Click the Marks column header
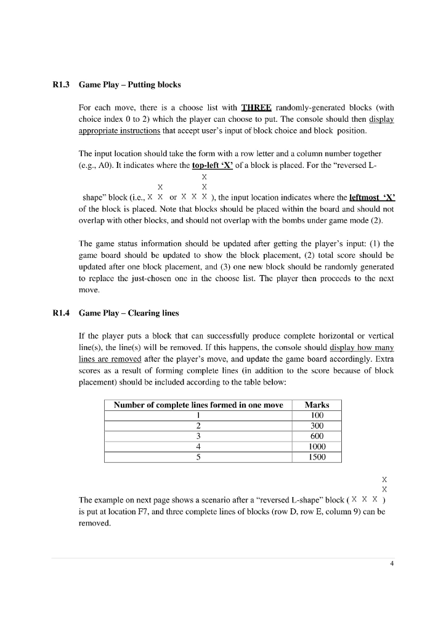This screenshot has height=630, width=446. pos(316,405)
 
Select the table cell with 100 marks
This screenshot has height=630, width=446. pos(316,415)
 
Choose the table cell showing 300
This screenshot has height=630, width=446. pos(316,426)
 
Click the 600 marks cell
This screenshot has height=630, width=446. pos(316,436)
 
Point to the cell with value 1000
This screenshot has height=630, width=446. pos(316,447)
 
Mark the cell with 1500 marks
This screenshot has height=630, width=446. pos(316,457)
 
